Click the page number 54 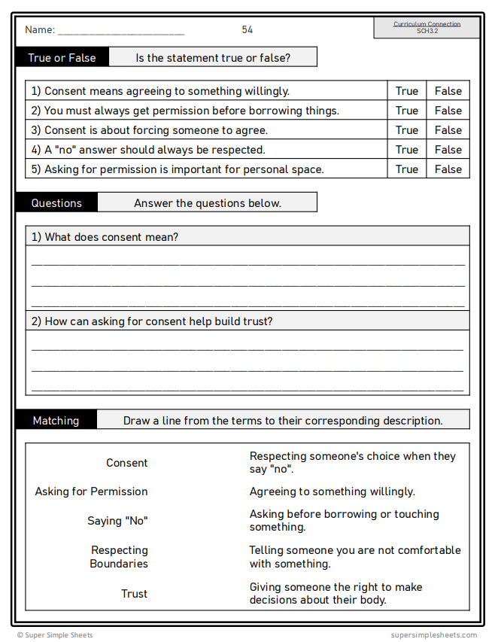[x=247, y=30]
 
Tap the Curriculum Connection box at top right [x=427, y=28]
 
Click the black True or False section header [x=62, y=58]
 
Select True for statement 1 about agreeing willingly [x=406, y=91]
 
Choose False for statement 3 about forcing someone [x=448, y=130]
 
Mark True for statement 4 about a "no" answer [x=406, y=150]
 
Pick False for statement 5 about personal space [x=448, y=169]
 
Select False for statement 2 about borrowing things [x=448, y=111]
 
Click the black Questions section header [x=56, y=203]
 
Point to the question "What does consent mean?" [x=105, y=237]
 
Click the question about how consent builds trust [x=151, y=321]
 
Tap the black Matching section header [x=56, y=421]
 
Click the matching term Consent [x=126, y=463]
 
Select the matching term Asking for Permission [x=91, y=491]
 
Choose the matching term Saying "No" [x=117, y=521]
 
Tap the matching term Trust [x=134, y=594]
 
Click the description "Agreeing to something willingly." [x=332, y=491]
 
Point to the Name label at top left [x=40, y=30]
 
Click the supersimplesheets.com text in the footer [x=433, y=635]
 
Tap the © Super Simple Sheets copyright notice [x=55, y=635]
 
